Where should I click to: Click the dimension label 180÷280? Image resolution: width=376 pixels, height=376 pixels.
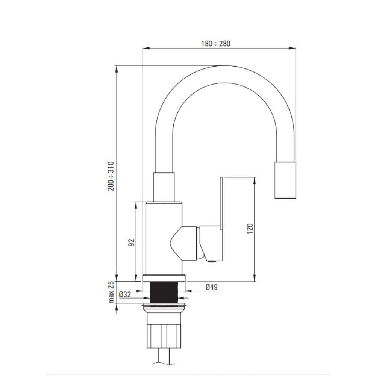[x=215, y=44]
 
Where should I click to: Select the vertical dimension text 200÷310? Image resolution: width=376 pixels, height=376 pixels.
[x=111, y=176]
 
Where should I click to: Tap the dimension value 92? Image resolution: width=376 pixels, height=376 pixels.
[x=131, y=242]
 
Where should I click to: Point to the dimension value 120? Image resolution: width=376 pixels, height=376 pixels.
[x=250, y=229]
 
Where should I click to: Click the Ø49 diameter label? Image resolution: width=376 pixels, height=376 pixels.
[x=211, y=287]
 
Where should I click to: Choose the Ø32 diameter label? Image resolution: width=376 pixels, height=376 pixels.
[x=125, y=294]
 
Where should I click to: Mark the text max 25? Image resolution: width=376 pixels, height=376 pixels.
[x=111, y=292]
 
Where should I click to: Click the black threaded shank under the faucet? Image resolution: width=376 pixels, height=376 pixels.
[x=164, y=293]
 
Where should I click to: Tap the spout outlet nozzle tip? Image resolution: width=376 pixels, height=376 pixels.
[x=285, y=180]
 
